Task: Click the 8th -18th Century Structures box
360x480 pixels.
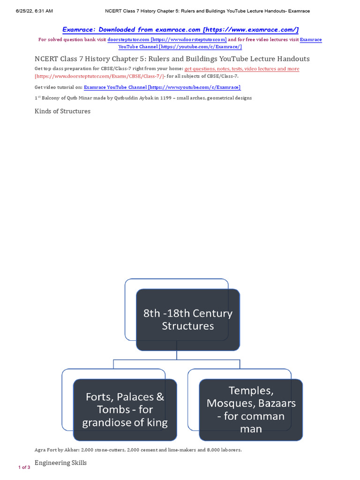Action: point(188,320)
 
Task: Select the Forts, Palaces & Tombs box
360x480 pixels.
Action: point(125,410)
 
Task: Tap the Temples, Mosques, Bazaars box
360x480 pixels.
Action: point(251,410)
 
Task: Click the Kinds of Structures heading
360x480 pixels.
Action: point(62,111)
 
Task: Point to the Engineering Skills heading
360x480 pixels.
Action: point(60,463)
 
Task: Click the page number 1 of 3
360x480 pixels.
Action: point(24,467)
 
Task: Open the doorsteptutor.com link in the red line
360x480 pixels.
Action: point(167,40)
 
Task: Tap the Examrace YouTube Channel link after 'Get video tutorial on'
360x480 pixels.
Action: point(162,87)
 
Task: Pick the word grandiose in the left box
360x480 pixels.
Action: point(107,423)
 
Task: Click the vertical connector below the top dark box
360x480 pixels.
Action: point(177,355)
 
